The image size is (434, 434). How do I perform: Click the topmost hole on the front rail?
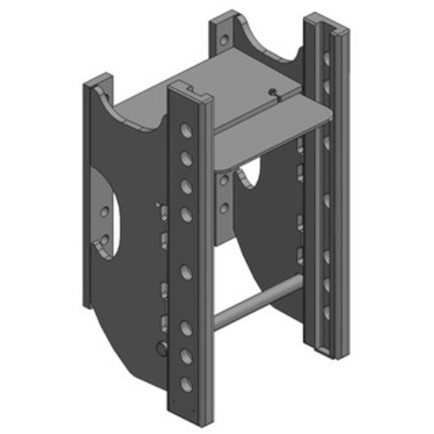[186, 130]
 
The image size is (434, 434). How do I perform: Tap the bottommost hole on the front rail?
[186, 384]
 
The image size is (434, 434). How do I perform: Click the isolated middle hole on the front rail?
[186, 271]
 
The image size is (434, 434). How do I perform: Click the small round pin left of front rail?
[162, 348]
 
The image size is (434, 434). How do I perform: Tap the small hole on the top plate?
[273, 91]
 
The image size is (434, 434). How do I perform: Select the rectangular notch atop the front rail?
[189, 87]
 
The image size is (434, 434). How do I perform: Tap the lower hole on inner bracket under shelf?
[223, 207]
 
